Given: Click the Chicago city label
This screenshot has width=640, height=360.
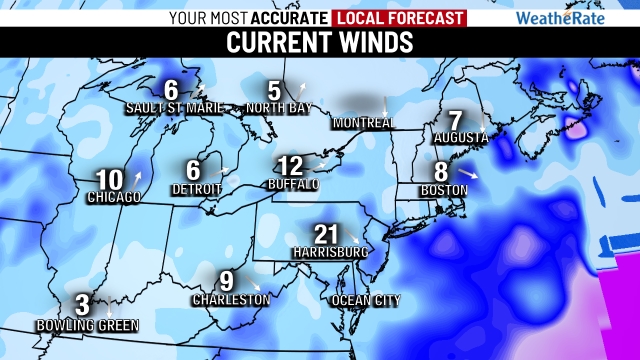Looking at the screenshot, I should [114, 198].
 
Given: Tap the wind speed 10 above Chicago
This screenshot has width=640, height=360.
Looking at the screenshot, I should [109, 181].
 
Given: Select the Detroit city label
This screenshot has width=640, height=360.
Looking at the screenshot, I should [196, 189].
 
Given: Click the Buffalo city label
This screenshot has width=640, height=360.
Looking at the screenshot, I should [293, 185].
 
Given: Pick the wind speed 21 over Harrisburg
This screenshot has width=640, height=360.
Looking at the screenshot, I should [326, 233].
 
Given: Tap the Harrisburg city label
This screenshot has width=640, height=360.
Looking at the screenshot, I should [326, 252].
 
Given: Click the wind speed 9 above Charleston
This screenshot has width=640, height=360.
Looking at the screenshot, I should [226, 281].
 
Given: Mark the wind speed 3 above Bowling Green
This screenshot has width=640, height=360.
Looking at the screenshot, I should [82, 306].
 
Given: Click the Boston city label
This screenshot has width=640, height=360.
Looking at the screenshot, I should [444, 190].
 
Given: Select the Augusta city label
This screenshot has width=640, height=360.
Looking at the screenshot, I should [460, 137].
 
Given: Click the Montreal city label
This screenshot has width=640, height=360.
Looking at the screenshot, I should [363, 123].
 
